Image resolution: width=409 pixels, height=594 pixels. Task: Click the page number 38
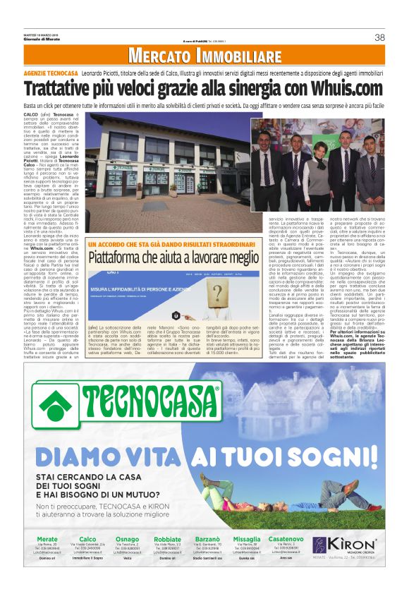(x=379, y=37)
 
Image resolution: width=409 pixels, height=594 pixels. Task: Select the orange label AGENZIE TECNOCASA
(x=50, y=73)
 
